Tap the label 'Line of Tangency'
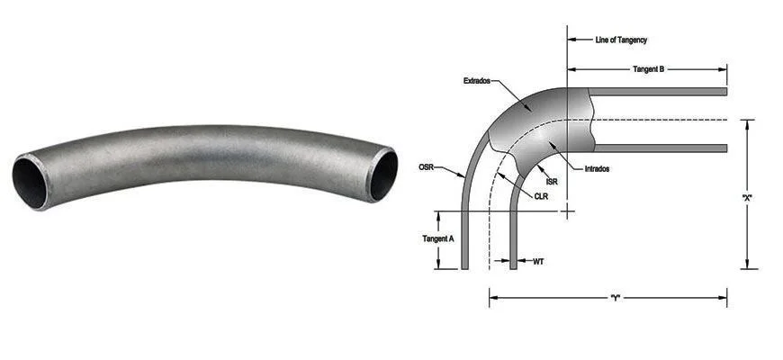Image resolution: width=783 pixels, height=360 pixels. tap(621, 40)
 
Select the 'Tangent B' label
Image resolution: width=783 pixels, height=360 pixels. tap(648, 68)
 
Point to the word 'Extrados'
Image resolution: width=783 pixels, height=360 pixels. tap(477, 80)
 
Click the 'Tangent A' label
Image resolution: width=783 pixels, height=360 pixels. tap(438, 238)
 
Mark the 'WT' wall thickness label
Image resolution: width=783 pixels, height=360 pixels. tap(538, 262)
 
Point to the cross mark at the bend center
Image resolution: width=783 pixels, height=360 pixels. tap(567, 211)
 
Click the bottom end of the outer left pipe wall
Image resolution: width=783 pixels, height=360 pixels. tap(465, 266)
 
